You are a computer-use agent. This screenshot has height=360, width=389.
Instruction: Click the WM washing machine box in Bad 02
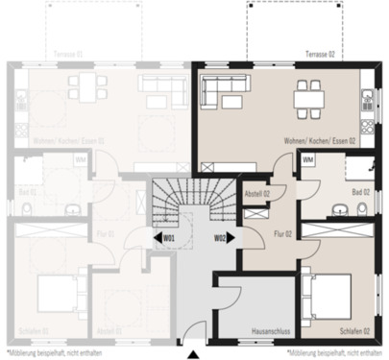pyautogui.click(x=307, y=159)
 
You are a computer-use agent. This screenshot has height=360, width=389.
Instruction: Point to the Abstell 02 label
pyautogui.click(x=257, y=194)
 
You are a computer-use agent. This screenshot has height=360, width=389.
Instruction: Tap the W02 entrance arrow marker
pyautogui.click(x=223, y=237)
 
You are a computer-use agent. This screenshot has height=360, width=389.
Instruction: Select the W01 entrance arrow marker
pyautogui.click(x=165, y=237)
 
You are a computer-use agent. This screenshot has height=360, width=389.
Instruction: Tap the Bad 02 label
pyautogui.click(x=360, y=193)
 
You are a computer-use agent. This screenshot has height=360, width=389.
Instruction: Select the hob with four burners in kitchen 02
pyautogui.click(x=368, y=97)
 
